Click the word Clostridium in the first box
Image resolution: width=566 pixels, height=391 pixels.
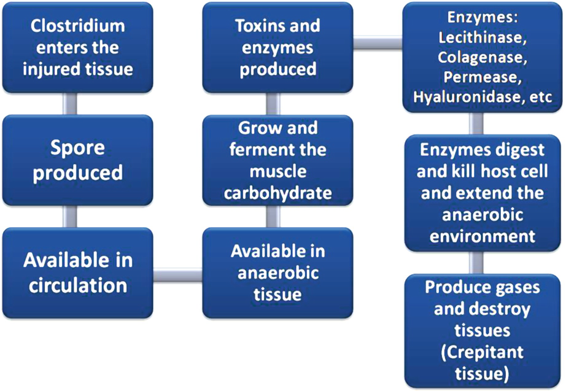(x=77, y=26)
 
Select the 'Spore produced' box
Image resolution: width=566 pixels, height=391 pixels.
(x=77, y=161)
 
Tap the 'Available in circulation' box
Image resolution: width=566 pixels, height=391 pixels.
(x=77, y=273)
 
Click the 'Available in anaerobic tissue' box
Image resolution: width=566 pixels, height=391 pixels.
(x=278, y=273)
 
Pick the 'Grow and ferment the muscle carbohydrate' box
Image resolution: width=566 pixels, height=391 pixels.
(x=278, y=161)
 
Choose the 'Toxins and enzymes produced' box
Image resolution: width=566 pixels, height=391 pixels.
(x=278, y=47)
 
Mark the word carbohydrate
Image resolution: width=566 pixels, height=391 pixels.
(x=278, y=193)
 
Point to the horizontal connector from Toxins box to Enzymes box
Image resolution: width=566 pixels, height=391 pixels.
(x=378, y=42)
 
